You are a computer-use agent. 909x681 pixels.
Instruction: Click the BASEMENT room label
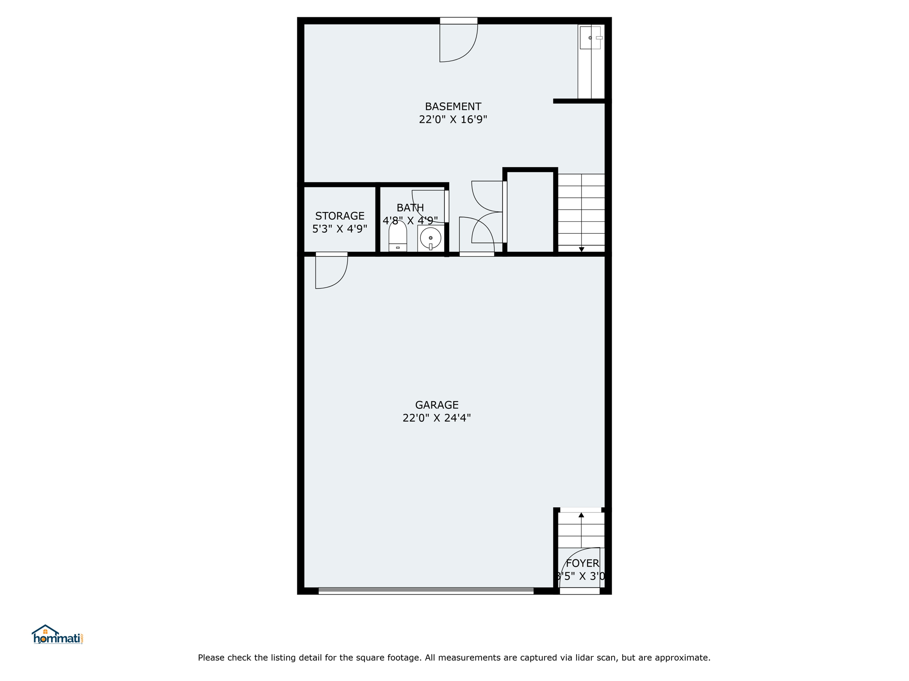pyautogui.click(x=453, y=106)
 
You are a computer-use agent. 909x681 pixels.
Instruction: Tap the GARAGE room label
pyautogui.click(x=437, y=405)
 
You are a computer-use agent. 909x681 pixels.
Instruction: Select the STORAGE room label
pyautogui.click(x=340, y=216)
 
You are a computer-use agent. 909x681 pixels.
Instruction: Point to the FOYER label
pyautogui.click(x=582, y=563)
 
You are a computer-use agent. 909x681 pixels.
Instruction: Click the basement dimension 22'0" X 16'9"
pyautogui.click(x=453, y=119)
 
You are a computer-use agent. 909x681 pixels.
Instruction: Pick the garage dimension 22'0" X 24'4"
pyautogui.click(x=437, y=418)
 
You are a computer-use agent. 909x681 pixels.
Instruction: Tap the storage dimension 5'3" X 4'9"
pyautogui.click(x=340, y=229)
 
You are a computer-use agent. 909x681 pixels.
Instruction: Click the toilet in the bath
pyautogui.click(x=398, y=236)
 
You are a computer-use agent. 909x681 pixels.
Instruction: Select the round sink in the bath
pyautogui.click(x=431, y=239)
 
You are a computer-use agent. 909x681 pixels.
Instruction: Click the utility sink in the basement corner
pyautogui.click(x=590, y=38)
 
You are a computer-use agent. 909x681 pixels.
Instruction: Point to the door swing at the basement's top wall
pyautogui.click(x=458, y=43)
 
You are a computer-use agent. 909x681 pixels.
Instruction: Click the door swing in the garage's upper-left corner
pyautogui.click(x=332, y=273)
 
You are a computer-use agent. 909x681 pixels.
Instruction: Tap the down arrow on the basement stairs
pyautogui.click(x=581, y=250)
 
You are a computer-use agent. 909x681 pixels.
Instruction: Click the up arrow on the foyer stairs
pyautogui.click(x=581, y=515)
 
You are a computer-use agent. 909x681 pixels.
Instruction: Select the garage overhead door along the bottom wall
pyautogui.click(x=426, y=591)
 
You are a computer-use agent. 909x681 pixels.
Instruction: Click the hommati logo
pyautogui.click(x=57, y=634)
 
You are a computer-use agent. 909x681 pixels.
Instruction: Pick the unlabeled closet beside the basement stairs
pyautogui.click(x=530, y=212)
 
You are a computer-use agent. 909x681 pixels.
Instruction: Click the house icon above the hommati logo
pyautogui.click(x=45, y=630)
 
